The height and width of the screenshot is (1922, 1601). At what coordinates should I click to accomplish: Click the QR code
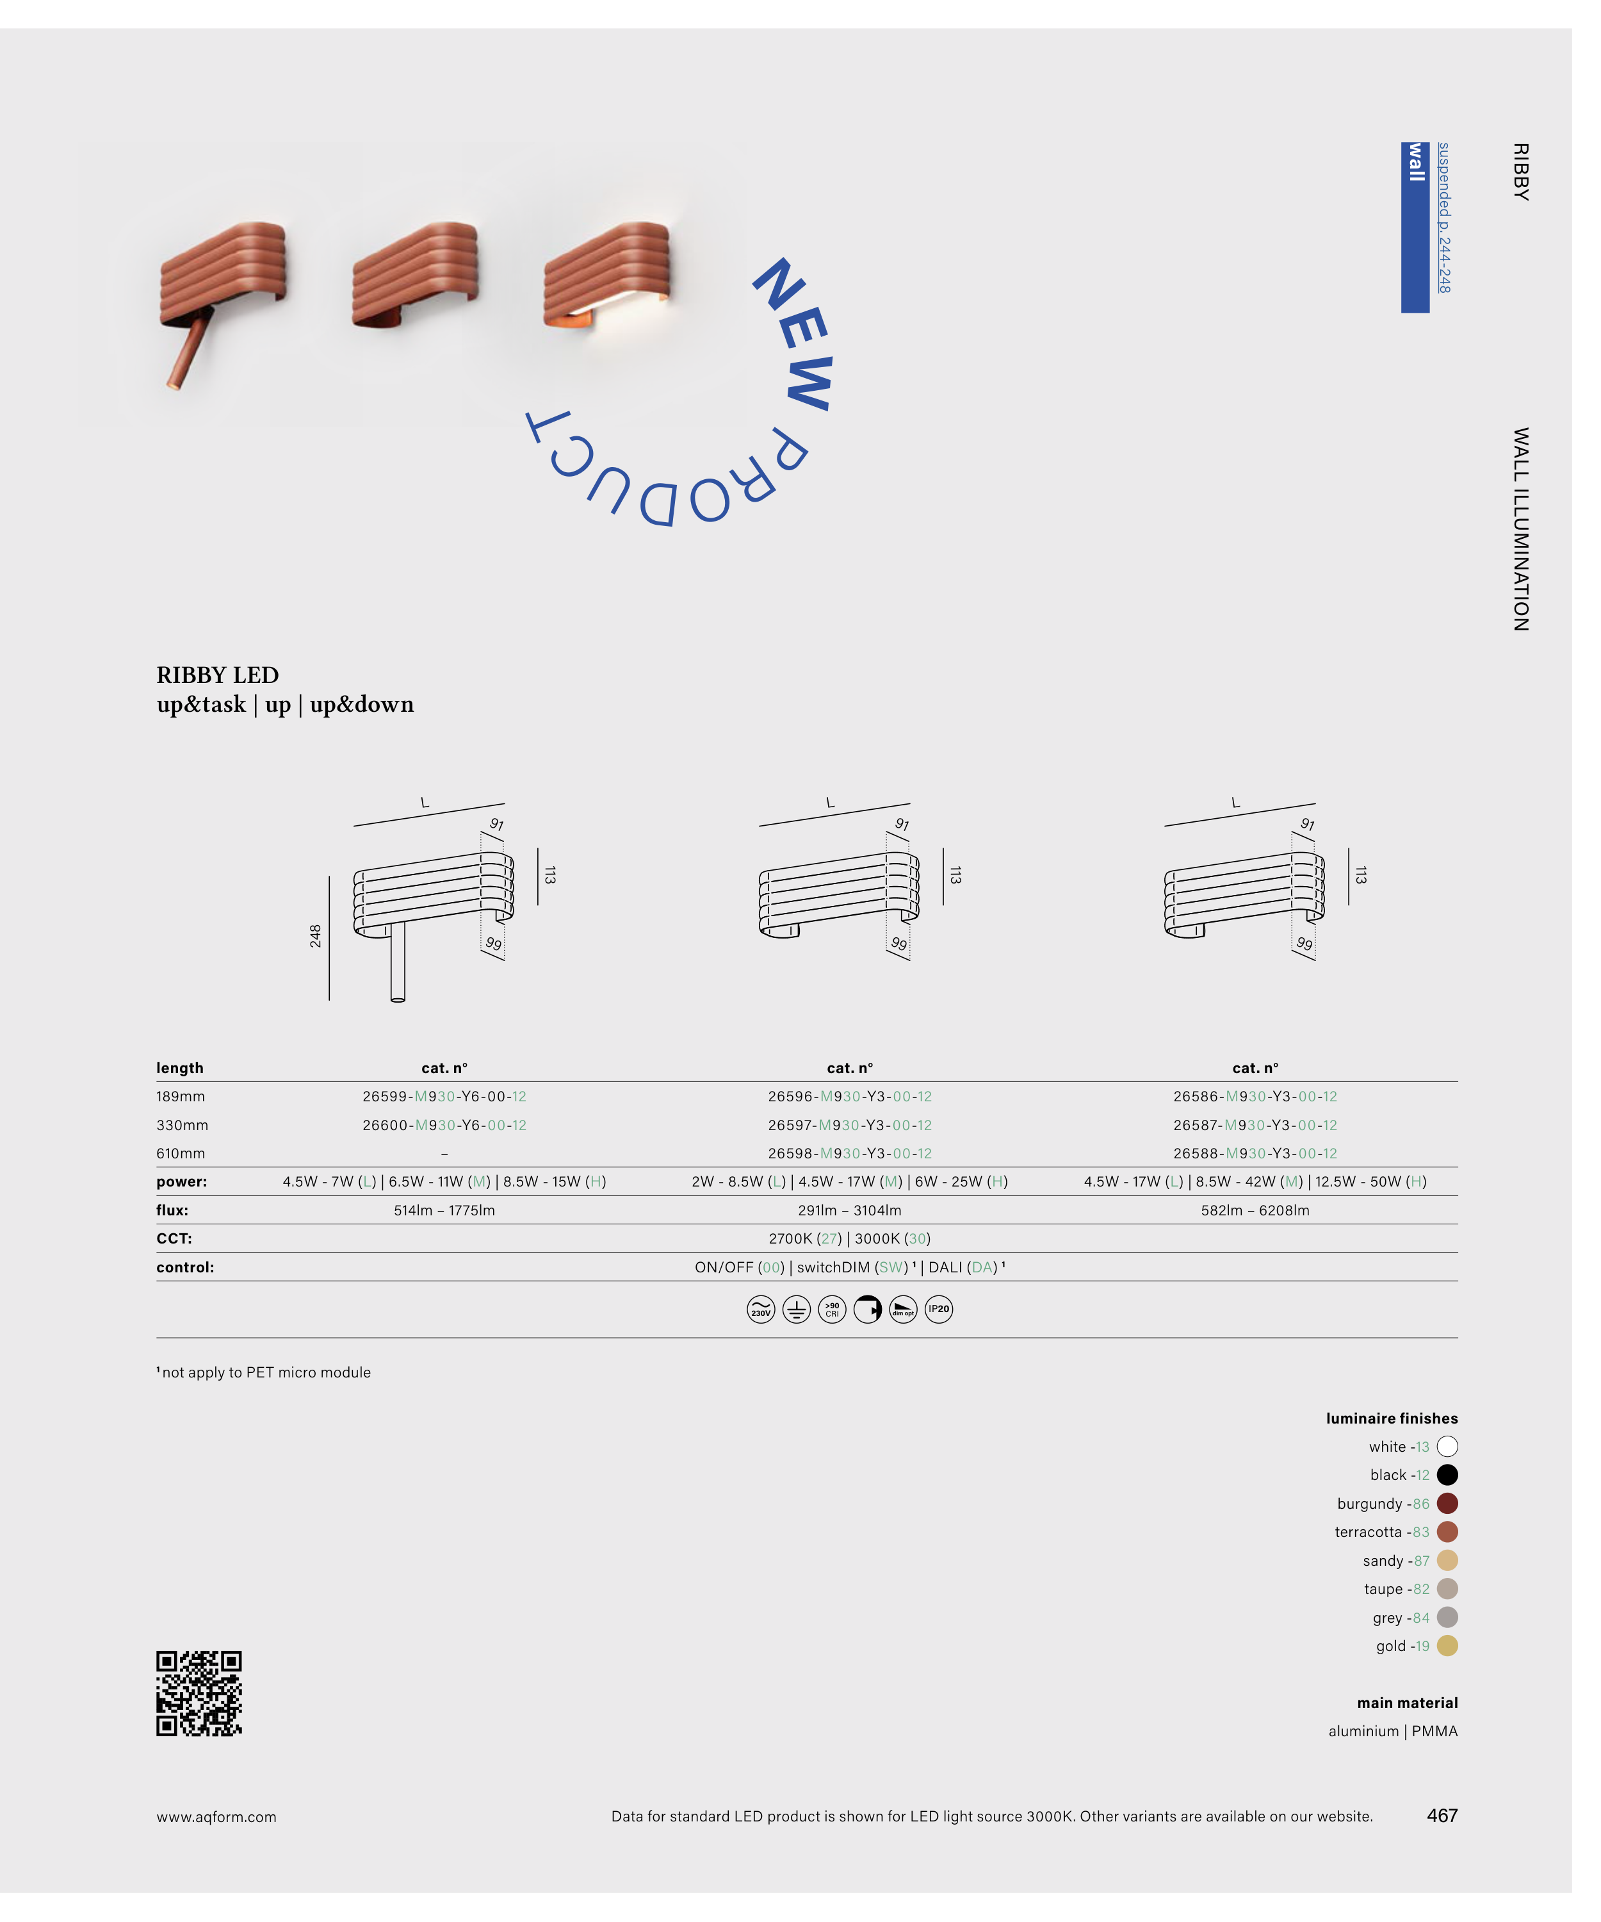199,1693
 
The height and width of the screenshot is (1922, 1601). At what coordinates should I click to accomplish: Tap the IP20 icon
939,1309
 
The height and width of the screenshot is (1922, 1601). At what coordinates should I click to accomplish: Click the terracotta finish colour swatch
1447,1531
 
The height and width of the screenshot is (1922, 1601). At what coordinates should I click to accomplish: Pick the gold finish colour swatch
1447,1646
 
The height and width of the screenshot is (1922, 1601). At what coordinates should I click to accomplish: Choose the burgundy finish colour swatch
1447,1503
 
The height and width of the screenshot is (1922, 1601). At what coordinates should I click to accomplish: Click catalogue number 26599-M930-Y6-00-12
444,1096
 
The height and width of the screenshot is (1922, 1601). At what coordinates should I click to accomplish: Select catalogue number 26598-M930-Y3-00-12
850,1153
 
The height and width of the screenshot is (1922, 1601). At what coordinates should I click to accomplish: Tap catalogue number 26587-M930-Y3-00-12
1255,1125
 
